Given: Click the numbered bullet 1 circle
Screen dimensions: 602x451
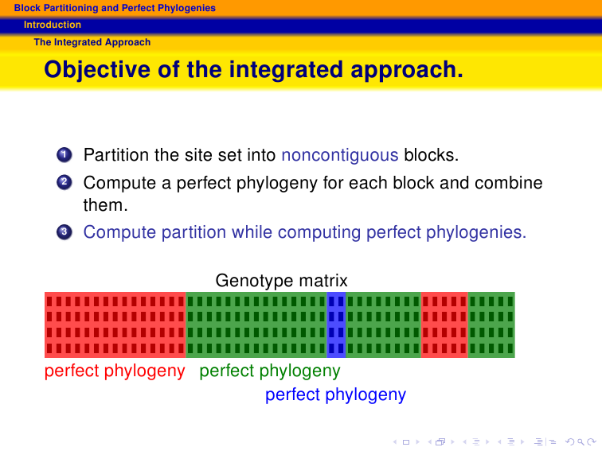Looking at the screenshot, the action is [x=64, y=155].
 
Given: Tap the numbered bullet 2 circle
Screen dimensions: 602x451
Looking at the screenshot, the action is [x=64, y=182].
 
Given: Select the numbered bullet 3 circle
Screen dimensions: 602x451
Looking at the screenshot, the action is [x=64, y=232].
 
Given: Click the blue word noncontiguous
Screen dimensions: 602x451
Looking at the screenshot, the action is [x=340, y=155].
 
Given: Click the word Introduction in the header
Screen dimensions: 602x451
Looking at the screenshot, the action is [x=53, y=25].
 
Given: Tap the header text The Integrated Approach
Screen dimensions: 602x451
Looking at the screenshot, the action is [x=92, y=42].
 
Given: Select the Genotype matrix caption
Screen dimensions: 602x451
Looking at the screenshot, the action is [x=281, y=280].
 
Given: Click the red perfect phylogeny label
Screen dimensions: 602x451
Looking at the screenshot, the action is [x=115, y=371].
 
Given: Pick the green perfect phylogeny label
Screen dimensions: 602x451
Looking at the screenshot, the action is [x=270, y=371].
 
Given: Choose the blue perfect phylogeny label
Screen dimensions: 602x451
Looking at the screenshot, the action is [x=335, y=395].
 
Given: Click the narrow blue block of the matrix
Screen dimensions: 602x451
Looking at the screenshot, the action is [x=336, y=325].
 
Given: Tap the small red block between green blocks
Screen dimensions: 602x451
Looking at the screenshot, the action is [x=444, y=325].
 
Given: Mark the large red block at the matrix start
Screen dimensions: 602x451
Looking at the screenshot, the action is [x=115, y=325].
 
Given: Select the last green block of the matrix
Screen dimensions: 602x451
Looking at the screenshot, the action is [x=491, y=325].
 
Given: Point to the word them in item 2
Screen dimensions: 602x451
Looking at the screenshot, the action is [x=105, y=204].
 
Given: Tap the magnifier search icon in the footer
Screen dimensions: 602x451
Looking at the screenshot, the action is [x=580, y=441].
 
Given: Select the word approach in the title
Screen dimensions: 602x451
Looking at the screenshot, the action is [x=407, y=70].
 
